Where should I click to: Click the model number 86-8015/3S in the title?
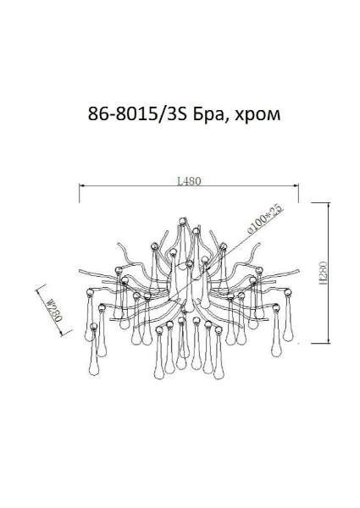click(x=138, y=114)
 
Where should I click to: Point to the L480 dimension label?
click(x=189, y=181)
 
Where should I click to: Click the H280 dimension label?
click(x=323, y=273)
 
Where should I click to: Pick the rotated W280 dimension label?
click(x=53, y=309)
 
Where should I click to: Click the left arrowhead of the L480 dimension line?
click(x=82, y=186)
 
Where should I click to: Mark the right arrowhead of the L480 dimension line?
click(x=296, y=185)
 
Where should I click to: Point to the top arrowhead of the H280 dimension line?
click(x=329, y=206)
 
